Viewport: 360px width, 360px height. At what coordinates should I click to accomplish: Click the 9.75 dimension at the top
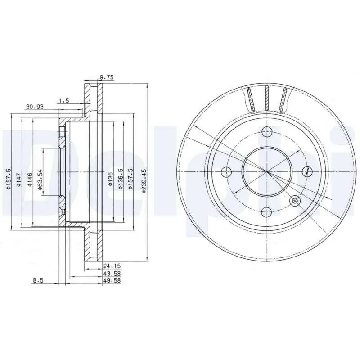(107, 78)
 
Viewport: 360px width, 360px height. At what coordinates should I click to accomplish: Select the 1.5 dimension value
(63, 101)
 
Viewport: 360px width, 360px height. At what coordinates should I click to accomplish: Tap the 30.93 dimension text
(35, 107)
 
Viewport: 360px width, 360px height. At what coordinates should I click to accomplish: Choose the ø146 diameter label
(30, 180)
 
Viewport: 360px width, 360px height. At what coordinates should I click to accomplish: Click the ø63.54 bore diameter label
(40, 180)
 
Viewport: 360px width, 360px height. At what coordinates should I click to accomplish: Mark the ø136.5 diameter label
(120, 180)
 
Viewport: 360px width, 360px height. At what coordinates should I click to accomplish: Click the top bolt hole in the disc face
(267, 132)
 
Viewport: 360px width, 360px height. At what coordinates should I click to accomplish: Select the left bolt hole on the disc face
(227, 171)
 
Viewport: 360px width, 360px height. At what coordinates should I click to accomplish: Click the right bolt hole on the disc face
(307, 171)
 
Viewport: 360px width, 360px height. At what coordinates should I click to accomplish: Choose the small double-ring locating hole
(296, 201)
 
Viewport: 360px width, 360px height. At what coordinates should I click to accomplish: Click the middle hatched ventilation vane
(267, 98)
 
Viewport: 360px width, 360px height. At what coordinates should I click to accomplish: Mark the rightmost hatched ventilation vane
(283, 99)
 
